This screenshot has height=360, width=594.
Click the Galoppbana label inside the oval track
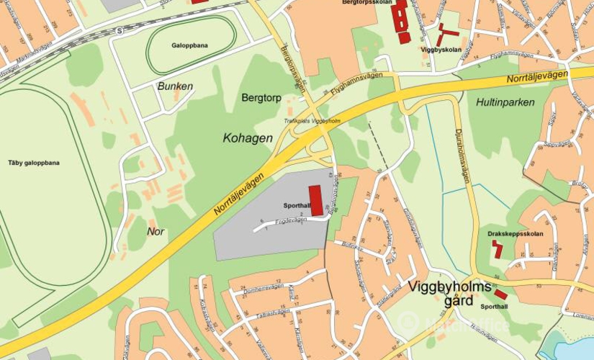click(190, 45)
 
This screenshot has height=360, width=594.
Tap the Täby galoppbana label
click(34, 163)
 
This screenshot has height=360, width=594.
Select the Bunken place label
click(175, 86)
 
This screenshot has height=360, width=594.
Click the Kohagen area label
click(248, 137)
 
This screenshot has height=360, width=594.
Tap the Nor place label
click(156, 231)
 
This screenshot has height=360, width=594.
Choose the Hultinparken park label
click(505, 102)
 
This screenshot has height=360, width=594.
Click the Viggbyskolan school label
click(441, 50)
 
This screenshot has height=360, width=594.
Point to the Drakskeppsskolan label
click(515, 234)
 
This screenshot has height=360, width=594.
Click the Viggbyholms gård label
click(449, 292)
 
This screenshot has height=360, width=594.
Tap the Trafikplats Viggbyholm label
click(312, 121)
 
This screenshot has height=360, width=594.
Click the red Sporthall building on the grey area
click(315, 200)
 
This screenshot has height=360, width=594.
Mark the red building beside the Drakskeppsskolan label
click(497, 249)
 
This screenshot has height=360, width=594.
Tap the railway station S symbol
click(118, 31)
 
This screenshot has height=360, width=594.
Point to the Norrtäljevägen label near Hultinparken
click(537, 76)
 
